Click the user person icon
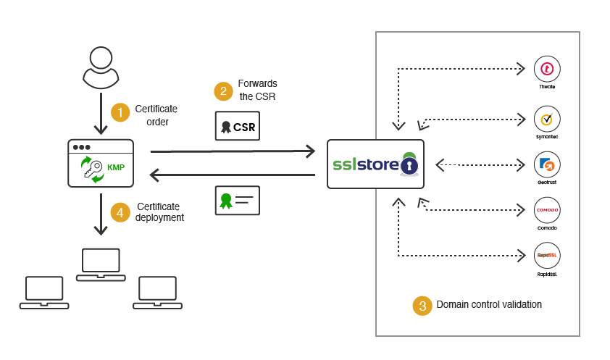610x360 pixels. point(101,67)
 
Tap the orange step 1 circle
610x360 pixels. point(120,112)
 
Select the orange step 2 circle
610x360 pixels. point(223,91)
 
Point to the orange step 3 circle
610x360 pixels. point(422,306)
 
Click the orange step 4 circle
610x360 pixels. point(120,212)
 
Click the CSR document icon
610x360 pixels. point(238,126)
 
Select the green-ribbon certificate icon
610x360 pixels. point(238,201)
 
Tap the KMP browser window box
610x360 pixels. point(101,164)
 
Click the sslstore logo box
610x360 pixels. point(375,164)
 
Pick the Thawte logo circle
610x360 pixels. point(547,69)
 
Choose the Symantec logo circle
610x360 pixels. point(547,119)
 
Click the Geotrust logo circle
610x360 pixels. point(547,164)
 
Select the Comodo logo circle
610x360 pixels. point(547,210)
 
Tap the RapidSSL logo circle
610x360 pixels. point(547,255)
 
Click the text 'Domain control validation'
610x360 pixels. point(489,305)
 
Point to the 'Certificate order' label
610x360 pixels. point(156,115)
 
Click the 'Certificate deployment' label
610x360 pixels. point(159,212)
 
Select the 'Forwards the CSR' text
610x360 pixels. point(257,90)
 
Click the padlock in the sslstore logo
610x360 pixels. point(409,166)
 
